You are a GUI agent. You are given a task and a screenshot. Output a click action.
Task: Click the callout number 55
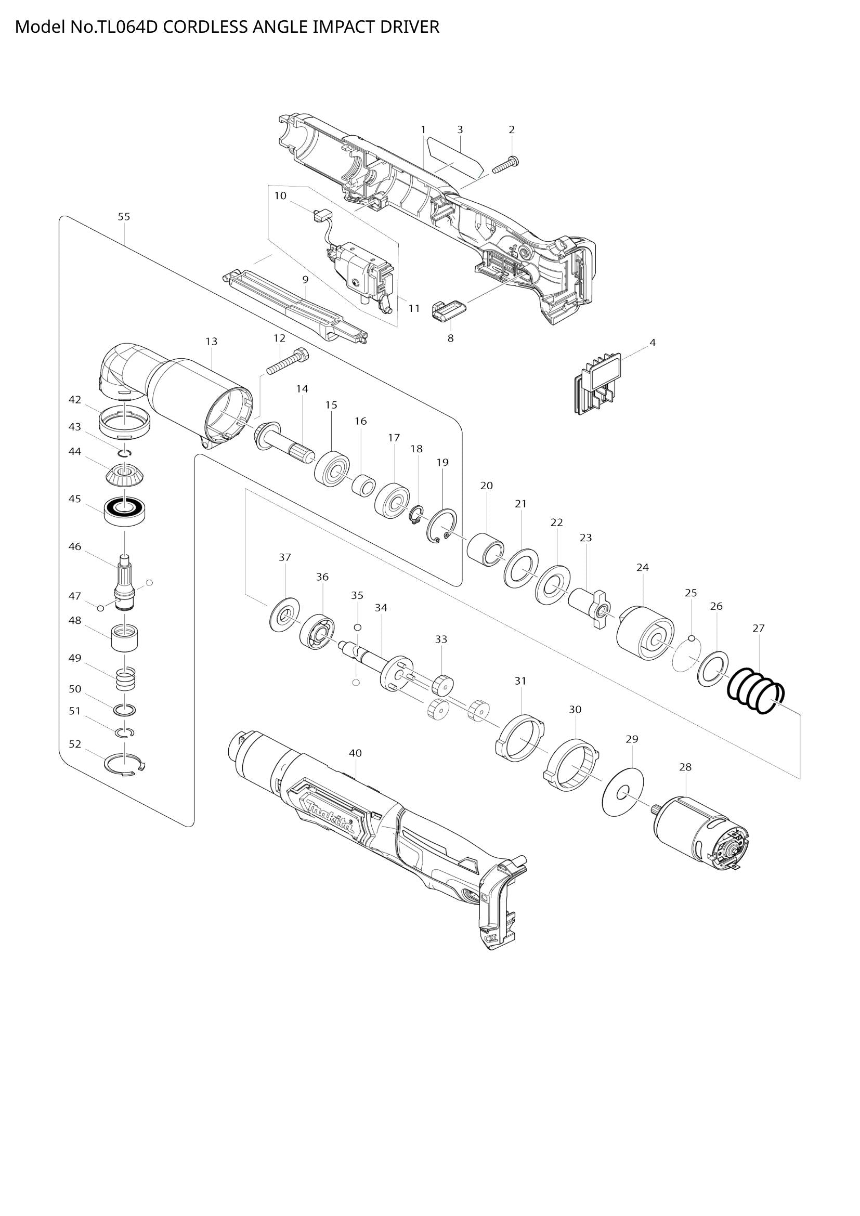[124, 217]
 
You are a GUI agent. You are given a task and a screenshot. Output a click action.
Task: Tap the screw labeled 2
[505, 165]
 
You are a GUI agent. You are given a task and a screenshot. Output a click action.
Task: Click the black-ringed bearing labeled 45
[125, 510]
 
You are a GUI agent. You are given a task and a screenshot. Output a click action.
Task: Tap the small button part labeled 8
[449, 310]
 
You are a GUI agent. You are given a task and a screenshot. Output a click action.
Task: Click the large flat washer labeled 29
[623, 792]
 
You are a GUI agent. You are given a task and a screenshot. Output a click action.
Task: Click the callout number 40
[355, 753]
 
